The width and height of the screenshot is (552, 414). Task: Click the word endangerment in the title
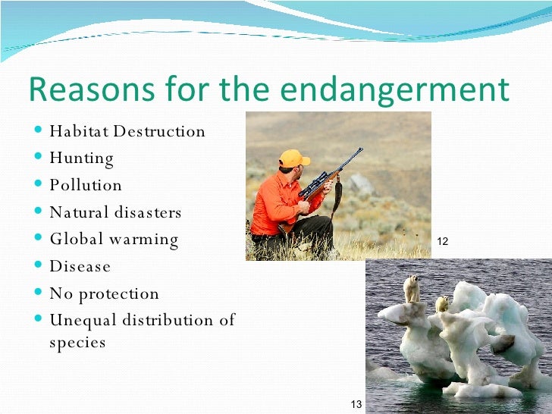[x=394, y=89]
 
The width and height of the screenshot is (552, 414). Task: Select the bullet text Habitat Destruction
[x=127, y=131]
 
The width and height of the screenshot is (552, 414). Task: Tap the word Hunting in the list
[x=82, y=159]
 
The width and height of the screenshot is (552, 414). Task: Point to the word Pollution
[x=86, y=185]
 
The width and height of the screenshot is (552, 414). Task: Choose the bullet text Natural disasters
[x=115, y=212]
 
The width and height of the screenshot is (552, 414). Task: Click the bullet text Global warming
[x=114, y=240]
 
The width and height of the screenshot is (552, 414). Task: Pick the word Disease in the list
[x=80, y=267]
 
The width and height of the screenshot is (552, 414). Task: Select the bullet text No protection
[x=105, y=293]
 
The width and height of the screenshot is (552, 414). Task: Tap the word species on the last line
[x=77, y=343]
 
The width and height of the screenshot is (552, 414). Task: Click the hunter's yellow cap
[x=293, y=158]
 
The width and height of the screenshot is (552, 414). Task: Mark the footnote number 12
[x=444, y=241]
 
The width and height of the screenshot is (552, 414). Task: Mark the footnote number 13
[x=356, y=403]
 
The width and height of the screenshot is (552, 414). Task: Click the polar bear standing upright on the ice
[x=412, y=288]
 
